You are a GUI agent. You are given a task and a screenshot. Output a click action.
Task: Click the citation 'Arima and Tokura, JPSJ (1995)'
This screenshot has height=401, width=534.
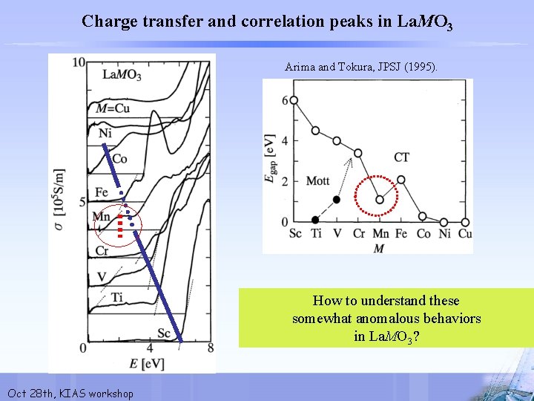click(x=361, y=68)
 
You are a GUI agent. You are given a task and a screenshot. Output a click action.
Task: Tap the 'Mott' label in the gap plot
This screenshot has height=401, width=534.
click(x=317, y=181)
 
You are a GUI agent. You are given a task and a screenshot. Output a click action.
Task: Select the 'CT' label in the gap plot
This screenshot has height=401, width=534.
click(x=401, y=157)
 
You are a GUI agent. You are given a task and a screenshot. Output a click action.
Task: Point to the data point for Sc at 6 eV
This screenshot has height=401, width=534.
click(x=294, y=100)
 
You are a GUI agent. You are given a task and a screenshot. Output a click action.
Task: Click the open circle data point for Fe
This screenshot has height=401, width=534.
click(x=401, y=180)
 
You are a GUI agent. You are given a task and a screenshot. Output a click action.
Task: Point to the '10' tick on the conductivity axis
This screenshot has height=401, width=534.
click(x=78, y=62)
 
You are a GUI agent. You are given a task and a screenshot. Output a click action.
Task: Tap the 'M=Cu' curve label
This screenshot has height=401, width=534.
click(x=113, y=108)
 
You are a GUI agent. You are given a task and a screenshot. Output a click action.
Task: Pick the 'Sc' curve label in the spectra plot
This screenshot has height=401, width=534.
click(x=163, y=333)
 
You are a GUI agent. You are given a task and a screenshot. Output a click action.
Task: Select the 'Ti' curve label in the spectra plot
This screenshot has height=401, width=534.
click(x=116, y=298)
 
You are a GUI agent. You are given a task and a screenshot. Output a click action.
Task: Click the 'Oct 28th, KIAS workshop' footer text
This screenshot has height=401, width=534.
click(x=70, y=393)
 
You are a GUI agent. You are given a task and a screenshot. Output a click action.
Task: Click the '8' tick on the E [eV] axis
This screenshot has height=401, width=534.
click(x=211, y=348)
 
